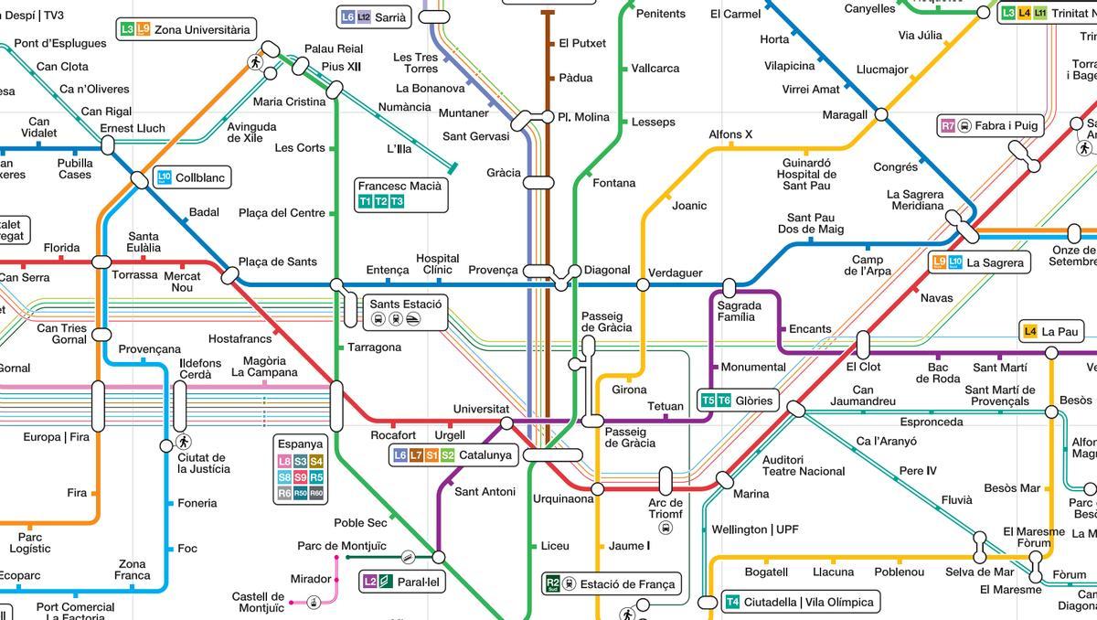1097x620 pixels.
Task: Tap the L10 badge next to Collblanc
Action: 165,177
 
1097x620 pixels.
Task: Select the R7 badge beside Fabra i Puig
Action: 948,125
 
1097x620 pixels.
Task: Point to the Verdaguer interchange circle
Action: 643,284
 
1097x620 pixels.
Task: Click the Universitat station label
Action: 481,409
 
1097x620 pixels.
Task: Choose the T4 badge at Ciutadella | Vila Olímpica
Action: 732,602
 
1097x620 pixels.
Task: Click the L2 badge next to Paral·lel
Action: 370,582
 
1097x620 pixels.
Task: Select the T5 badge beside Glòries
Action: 708,401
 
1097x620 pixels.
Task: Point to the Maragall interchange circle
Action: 881,114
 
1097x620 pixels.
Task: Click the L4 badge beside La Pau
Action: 1030,332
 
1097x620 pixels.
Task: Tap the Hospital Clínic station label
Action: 437,264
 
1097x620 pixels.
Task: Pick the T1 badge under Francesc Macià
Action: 366,201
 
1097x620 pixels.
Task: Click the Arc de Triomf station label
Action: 666,508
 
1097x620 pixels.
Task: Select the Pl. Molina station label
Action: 583,117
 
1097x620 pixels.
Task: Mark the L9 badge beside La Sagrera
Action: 939,262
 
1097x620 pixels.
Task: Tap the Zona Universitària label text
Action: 201,30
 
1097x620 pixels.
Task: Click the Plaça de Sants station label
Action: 278,262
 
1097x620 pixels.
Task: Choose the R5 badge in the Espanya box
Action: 316,477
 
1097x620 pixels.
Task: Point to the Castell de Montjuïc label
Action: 258,602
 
